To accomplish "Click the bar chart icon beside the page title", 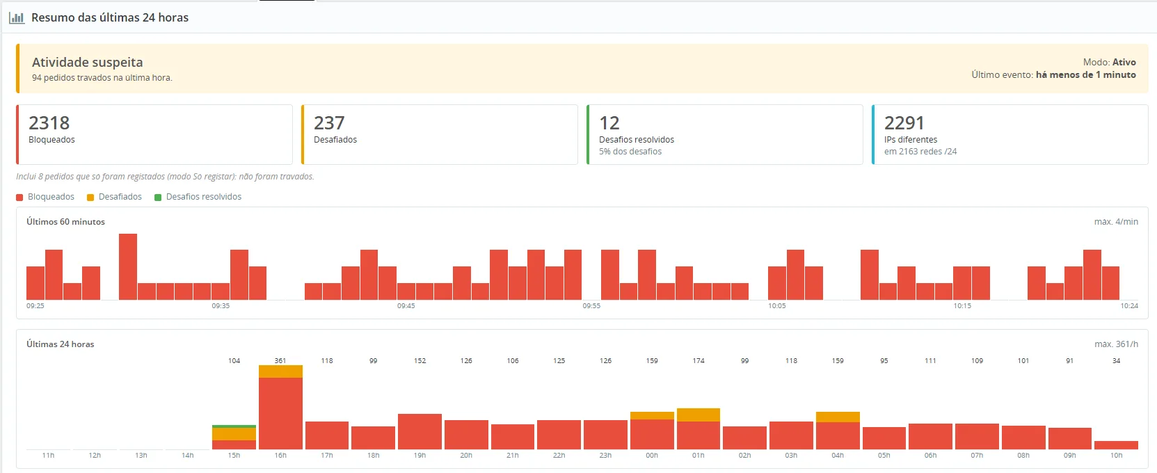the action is (x=17, y=17).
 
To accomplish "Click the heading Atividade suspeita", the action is (x=87, y=63).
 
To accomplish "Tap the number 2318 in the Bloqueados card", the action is (x=49, y=123).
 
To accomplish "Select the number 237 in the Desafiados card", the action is (x=329, y=123).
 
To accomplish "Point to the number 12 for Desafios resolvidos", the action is (x=609, y=123).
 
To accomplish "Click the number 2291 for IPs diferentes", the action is (x=904, y=123).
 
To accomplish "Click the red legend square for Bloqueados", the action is (x=19, y=198).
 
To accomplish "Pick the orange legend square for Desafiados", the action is (x=90, y=198).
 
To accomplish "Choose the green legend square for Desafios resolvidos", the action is (x=158, y=198).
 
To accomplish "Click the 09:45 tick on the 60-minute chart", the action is (x=406, y=305).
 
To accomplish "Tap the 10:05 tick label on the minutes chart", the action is (x=777, y=305).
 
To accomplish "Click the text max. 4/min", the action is (x=1116, y=221).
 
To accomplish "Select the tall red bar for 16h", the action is (x=280, y=413).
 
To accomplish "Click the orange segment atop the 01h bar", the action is (x=699, y=415).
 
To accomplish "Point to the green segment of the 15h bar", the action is (x=234, y=426).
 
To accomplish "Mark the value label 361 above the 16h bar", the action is (x=280, y=360).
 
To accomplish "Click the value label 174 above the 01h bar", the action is (x=699, y=360).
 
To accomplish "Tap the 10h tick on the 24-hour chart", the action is (x=1116, y=456).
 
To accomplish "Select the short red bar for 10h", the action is (x=1116, y=445).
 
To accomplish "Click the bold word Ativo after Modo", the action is (x=1124, y=62).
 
